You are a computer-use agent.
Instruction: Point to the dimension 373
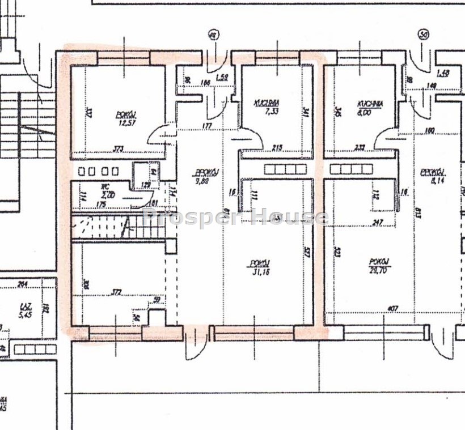[117, 149]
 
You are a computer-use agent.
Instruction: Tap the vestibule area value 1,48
[443, 72]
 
